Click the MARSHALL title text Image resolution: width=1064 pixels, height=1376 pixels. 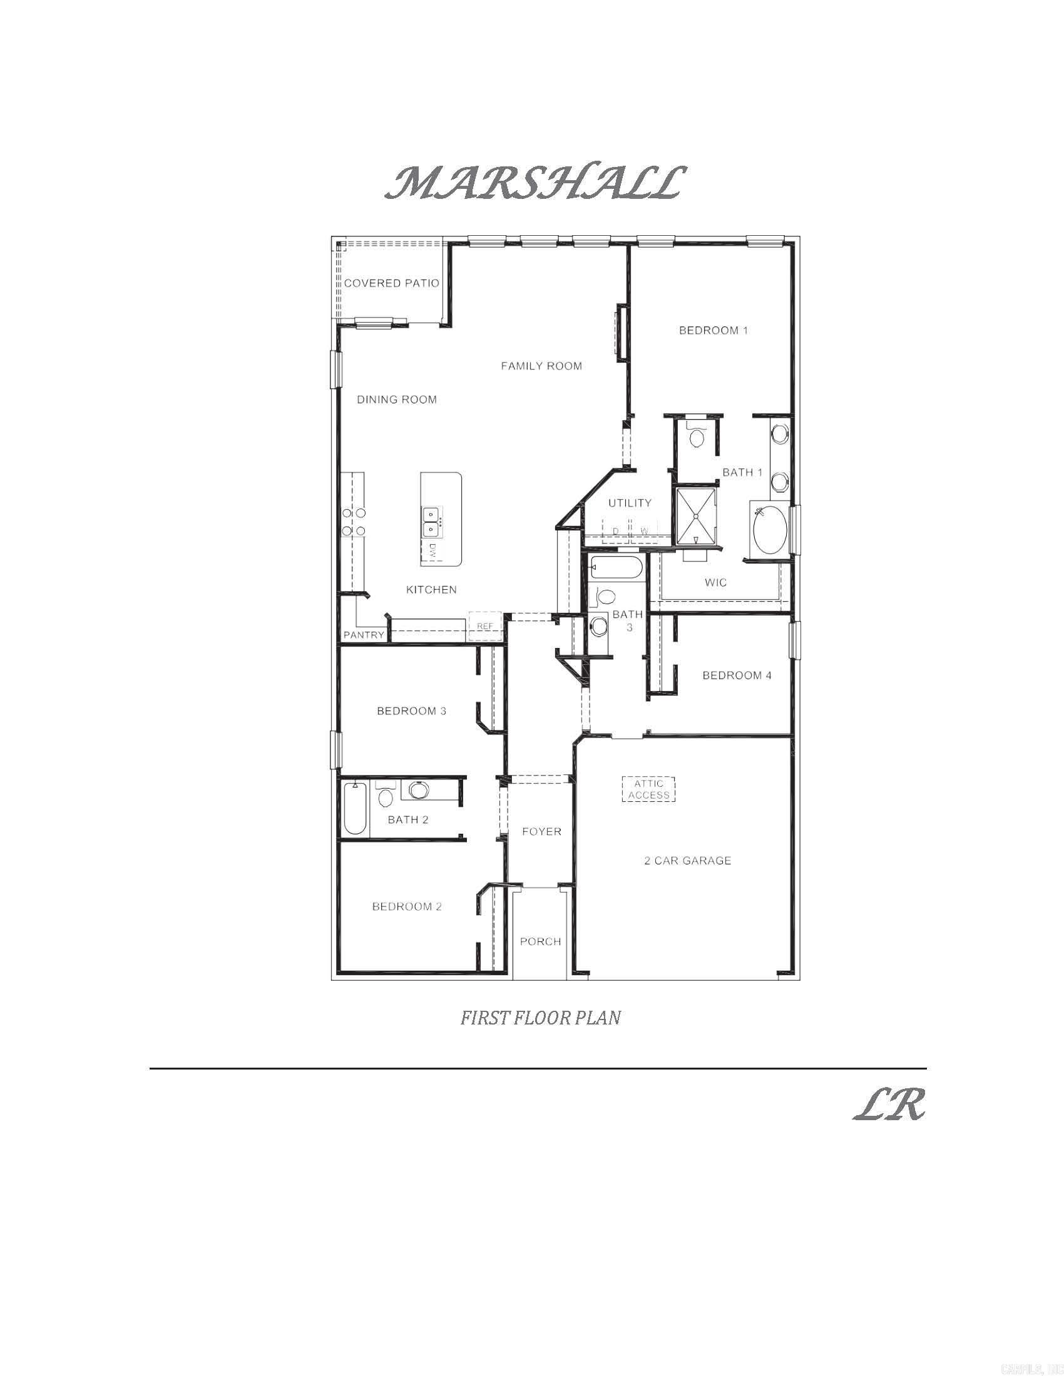pos(533,183)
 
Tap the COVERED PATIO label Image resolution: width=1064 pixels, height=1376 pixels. pos(391,283)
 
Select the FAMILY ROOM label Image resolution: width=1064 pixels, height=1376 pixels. pos(541,366)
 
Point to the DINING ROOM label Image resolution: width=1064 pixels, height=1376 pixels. pos(396,400)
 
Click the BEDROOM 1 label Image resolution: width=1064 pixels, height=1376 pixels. pos(713,330)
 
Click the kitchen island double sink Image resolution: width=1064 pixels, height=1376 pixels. pos(431,521)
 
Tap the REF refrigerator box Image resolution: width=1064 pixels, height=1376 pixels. pos(484,626)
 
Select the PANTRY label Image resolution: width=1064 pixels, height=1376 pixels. pos(364,635)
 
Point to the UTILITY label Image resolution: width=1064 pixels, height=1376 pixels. pos(630,503)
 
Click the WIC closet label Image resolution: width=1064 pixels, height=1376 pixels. pos(715,583)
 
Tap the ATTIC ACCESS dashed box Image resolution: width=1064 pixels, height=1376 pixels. pos(648,789)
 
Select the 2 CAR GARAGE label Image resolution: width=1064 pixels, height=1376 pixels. pos(687,861)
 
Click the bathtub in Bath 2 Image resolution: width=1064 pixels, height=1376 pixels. pos(355,807)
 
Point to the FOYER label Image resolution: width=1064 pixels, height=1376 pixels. pos(541,832)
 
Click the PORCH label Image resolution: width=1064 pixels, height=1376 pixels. pos(540,941)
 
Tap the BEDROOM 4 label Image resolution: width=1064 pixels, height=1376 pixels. pos(736,675)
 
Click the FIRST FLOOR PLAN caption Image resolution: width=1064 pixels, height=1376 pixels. pos(540,1018)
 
